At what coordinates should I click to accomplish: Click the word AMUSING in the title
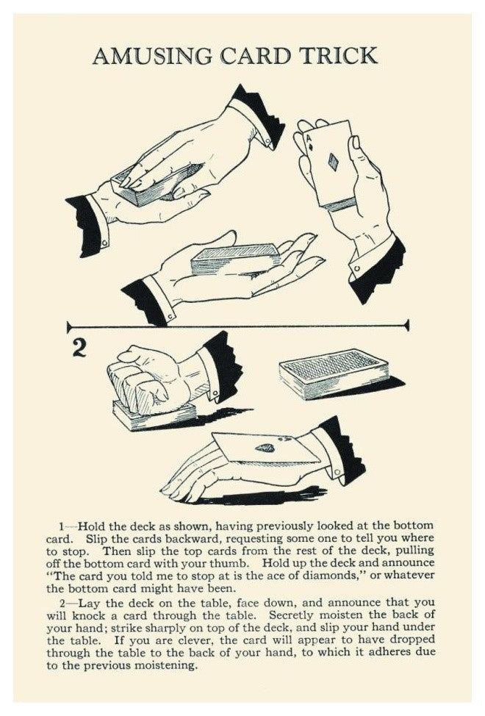152,56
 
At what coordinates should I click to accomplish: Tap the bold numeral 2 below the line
79,348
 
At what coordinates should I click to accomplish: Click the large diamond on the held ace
334,162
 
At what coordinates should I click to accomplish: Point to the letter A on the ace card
308,138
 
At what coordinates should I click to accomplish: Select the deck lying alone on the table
334,374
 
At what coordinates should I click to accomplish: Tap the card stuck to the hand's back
266,448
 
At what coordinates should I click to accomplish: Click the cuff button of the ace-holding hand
357,268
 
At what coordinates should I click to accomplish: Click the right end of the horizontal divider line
408,326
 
